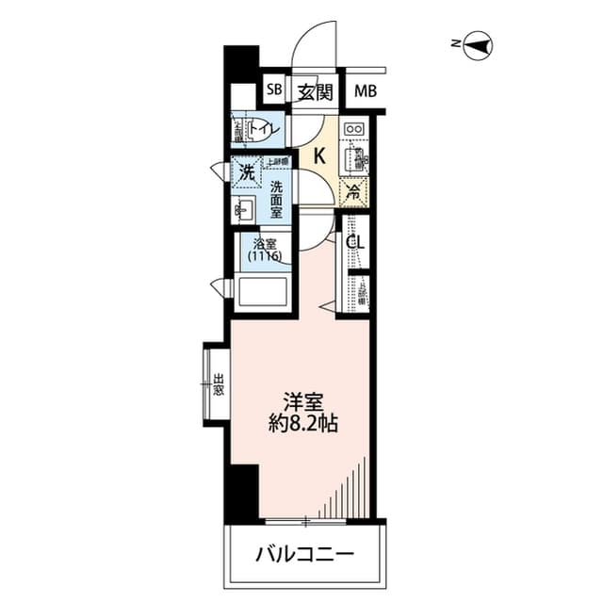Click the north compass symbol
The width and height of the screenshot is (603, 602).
click(479, 43)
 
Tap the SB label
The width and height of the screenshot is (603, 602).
click(274, 90)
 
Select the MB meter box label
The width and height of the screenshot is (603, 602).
click(366, 91)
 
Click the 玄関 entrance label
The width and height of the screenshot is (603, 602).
click(316, 91)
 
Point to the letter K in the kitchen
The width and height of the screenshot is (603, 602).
click(319, 156)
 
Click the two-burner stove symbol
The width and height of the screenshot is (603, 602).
click(354, 129)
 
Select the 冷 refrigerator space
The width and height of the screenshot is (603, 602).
click(353, 191)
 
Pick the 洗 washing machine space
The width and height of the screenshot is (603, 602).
click(246, 172)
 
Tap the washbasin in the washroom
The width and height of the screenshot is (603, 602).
click(245, 208)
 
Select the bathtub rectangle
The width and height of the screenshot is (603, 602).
click(262, 291)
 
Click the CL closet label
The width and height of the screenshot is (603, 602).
click(355, 242)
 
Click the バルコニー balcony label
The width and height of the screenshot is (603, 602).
click(304, 553)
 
